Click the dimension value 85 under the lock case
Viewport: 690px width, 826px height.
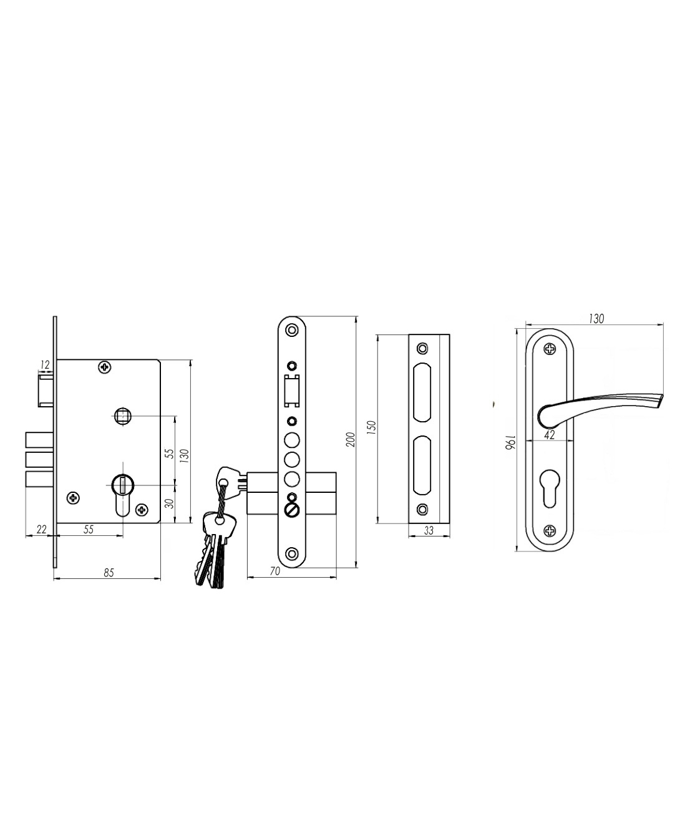coord(109,573)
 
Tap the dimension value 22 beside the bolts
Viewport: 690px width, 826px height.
coord(42,529)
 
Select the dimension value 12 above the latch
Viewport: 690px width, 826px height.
coord(45,364)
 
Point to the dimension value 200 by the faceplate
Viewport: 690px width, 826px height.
coord(351,439)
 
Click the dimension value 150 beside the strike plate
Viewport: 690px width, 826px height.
coord(371,428)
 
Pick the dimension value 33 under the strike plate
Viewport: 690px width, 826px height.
coord(429,531)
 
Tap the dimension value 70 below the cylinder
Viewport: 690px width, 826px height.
coord(275,571)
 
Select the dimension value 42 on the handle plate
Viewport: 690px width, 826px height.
coord(550,435)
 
